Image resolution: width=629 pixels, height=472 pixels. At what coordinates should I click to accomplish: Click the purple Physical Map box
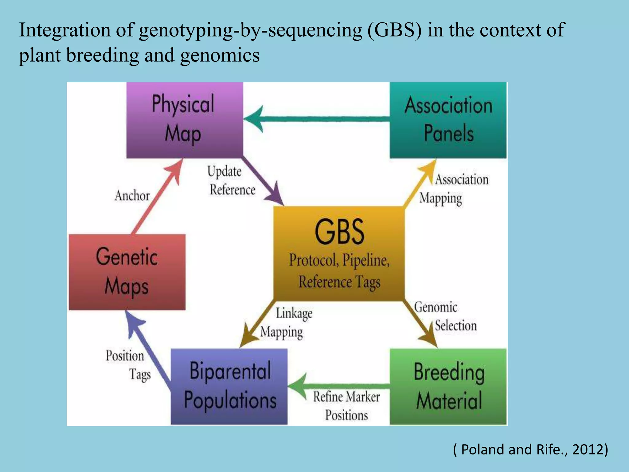185,120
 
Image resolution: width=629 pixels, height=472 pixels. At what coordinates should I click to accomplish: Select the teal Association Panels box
448,120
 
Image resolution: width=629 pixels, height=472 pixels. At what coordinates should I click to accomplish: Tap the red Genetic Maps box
127,272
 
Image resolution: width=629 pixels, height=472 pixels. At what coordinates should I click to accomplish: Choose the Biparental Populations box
229,386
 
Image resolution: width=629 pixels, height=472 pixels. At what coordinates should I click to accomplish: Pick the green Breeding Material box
448,387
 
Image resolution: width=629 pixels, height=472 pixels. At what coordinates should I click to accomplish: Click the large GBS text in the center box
339,232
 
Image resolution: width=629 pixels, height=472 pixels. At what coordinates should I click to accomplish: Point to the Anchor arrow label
132,196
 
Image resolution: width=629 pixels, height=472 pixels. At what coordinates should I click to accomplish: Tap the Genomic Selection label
445,316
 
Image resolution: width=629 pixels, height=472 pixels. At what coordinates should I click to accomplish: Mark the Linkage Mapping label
286,323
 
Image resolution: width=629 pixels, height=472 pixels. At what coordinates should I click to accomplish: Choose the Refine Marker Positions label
346,406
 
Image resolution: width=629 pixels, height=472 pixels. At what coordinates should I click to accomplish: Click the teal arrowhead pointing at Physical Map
255,119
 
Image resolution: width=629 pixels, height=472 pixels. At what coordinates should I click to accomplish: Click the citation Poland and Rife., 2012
530,449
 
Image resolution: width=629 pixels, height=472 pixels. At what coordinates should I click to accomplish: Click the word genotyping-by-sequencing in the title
250,30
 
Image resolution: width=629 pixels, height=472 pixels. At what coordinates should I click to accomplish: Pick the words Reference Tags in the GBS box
339,282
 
